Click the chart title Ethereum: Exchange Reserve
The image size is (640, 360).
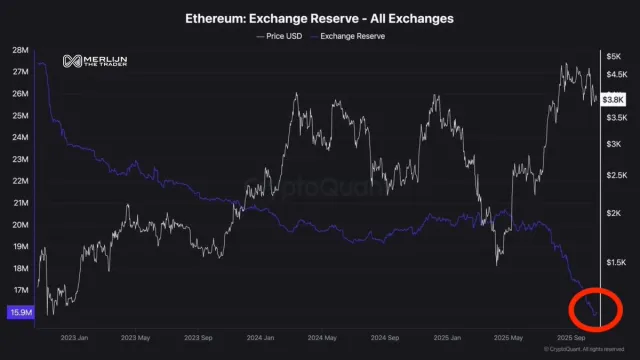(x=319, y=19)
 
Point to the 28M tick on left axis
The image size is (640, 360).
(x=19, y=49)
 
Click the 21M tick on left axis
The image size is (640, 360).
(x=19, y=203)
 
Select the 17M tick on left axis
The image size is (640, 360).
(x=19, y=291)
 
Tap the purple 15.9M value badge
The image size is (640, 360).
(x=19, y=313)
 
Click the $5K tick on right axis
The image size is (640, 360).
(x=613, y=56)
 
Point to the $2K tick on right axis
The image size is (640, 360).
(x=613, y=213)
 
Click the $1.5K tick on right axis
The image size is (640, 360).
(x=615, y=262)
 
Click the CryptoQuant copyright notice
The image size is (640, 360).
(x=583, y=348)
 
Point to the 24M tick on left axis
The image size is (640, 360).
(x=19, y=137)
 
